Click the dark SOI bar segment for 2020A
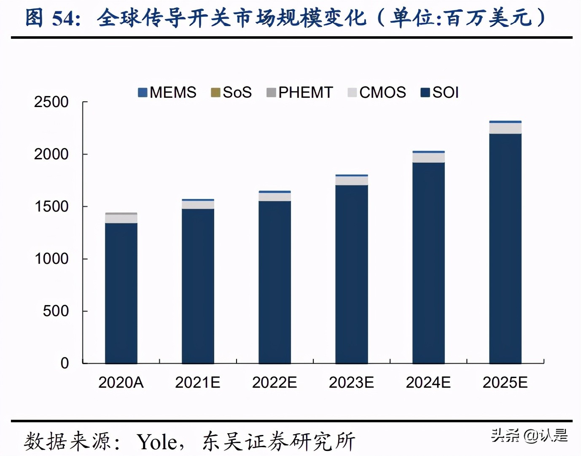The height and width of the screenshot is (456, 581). click(121, 293)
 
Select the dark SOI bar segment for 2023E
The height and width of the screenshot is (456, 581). click(352, 274)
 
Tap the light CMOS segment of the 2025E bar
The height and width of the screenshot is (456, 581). click(505, 129)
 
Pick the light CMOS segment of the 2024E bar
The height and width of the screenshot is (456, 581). click(428, 158)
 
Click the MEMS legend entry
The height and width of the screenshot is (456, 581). click(167, 92)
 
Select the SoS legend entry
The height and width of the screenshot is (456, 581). click(231, 92)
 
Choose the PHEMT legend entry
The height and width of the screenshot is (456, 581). click(300, 92)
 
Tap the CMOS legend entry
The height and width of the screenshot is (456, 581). click(377, 92)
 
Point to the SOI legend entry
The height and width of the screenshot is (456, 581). click(440, 92)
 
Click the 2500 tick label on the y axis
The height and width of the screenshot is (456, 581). click(51, 102)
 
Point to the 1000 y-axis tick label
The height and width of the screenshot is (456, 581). click(51, 259)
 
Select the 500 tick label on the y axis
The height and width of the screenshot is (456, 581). click(55, 311)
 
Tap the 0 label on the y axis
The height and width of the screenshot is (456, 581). click(65, 363)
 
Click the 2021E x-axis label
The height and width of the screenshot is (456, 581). click(198, 383)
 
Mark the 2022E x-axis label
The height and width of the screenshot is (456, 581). click(274, 383)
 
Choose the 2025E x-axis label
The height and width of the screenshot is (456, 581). click(505, 383)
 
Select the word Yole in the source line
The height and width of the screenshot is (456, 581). click(157, 442)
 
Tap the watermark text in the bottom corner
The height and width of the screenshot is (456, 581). click(529, 435)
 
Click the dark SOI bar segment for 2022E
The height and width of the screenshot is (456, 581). click(274, 282)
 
